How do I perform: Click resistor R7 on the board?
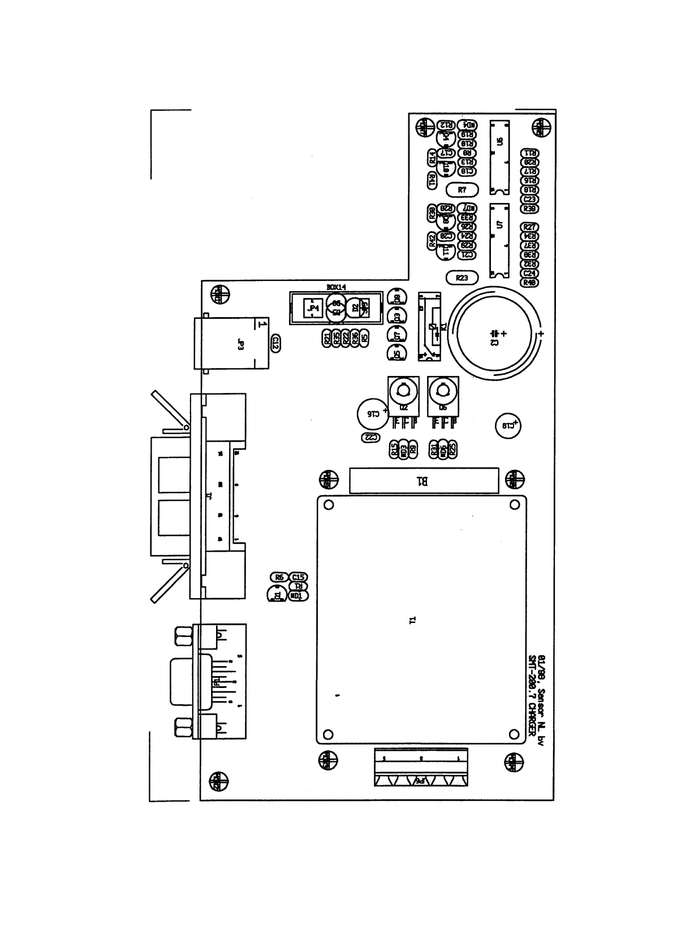tap(462, 190)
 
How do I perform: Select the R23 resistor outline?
tap(462, 278)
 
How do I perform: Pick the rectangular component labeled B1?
tap(424, 481)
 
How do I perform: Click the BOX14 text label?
tap(336, 287)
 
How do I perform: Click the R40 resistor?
tap(530, 283)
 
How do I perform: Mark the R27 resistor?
tap(530, 227)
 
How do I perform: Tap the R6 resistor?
tap(279, 577)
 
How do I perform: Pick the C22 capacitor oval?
tap(370, 438)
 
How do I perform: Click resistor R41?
tap(432, 181)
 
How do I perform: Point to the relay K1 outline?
tap(430, 326)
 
